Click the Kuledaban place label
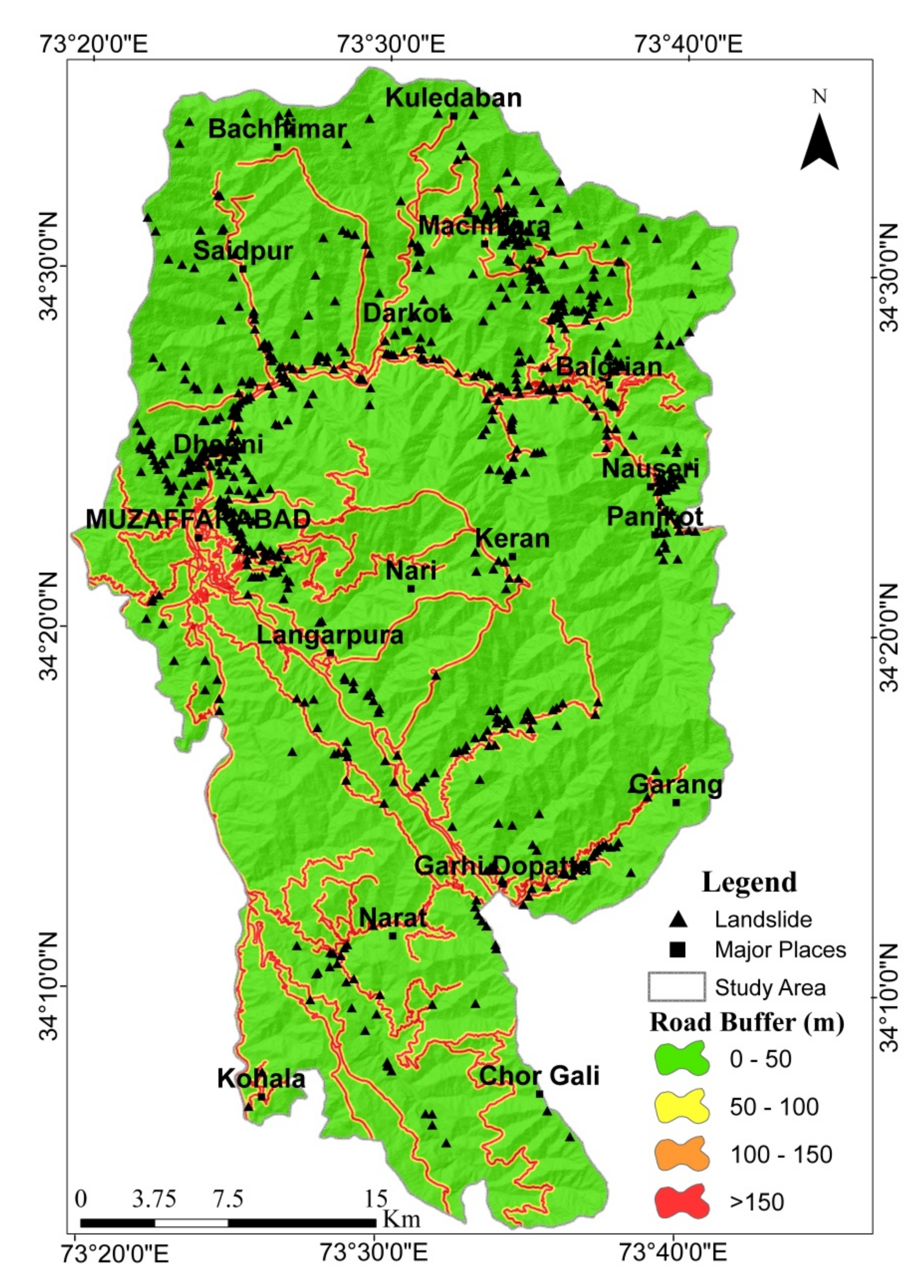click(453, 98)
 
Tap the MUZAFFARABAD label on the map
click(198, 520)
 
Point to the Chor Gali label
click(539, 1076)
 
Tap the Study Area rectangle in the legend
click(677, 987)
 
